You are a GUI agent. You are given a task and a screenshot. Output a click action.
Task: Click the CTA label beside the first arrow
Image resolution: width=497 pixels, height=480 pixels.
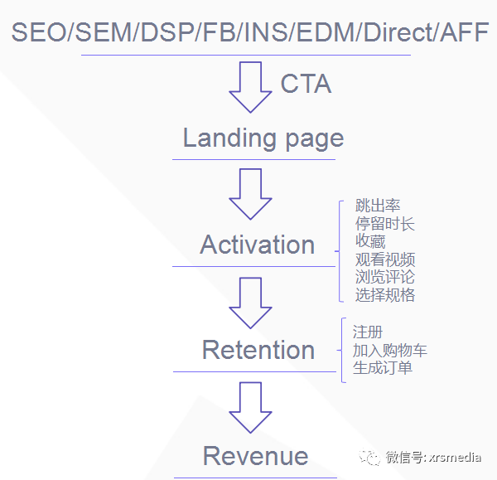(306, 84)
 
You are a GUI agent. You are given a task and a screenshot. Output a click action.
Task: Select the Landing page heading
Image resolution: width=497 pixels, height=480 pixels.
(263, 138)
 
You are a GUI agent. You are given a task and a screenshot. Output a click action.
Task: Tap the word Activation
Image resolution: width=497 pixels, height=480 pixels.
(258, 245)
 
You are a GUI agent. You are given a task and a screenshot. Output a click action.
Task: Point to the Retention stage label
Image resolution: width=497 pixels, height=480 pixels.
(258, 350)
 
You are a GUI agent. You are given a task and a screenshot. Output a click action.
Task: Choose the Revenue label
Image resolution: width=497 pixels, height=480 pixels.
(255, 456)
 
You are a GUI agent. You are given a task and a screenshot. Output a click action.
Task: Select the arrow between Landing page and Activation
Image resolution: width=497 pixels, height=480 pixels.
(250, 193)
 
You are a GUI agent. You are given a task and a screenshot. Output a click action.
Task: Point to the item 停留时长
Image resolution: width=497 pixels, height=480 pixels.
(385, 224)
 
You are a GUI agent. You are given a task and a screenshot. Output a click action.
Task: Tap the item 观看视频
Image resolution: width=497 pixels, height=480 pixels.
(385, 259)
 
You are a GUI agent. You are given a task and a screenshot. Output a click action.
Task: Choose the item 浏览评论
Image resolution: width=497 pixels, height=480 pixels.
(385, 277)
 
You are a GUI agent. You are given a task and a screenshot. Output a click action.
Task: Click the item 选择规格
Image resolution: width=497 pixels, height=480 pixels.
(385, 295)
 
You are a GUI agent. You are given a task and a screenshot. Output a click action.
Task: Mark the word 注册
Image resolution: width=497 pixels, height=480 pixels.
(367, 332)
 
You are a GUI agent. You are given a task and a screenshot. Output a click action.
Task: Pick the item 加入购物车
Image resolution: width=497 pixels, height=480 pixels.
(389, 350)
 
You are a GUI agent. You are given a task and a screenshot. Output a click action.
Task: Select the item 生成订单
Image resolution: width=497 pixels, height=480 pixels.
(382, 368)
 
